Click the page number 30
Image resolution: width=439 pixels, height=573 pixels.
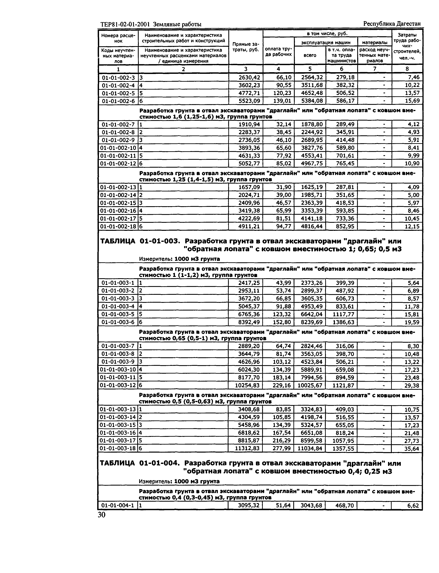tap(102, 515)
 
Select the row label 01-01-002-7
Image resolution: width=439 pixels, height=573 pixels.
tap(118, 124)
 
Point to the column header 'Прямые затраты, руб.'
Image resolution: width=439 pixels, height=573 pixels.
tap(245, 47)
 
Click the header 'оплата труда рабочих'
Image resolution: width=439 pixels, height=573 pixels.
tap(278, 51)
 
